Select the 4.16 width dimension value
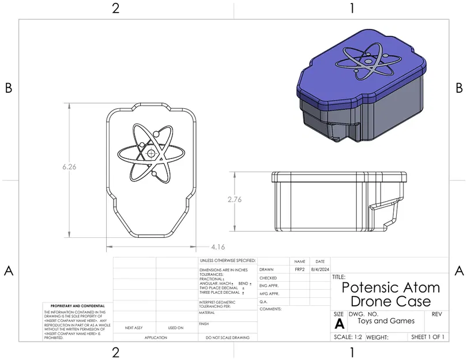coord(218,247)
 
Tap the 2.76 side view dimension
coord(234,199)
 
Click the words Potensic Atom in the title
coord(390,287)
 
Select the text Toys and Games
coord(386,321)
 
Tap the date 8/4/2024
coord(320,269)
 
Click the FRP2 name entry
coord(299,269)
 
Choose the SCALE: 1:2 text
coord(348,337)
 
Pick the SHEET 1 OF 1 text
coord(427,337)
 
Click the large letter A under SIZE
coord(339,324)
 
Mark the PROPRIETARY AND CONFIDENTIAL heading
coord(78,306)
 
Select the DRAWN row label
coord(266,269)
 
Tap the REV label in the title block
coord(436,314)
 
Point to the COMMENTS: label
coord(270,309)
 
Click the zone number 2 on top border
coord(116,8)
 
